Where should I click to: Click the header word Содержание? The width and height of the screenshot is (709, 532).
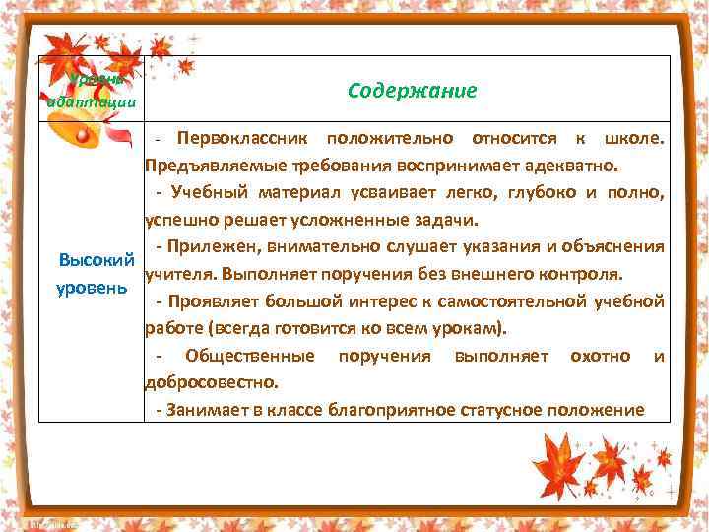[412, 90]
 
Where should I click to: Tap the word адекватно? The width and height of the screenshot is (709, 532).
[574, 162]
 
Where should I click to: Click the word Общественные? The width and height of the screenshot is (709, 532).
[250, 355]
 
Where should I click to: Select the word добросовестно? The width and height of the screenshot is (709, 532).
[211, 381]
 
